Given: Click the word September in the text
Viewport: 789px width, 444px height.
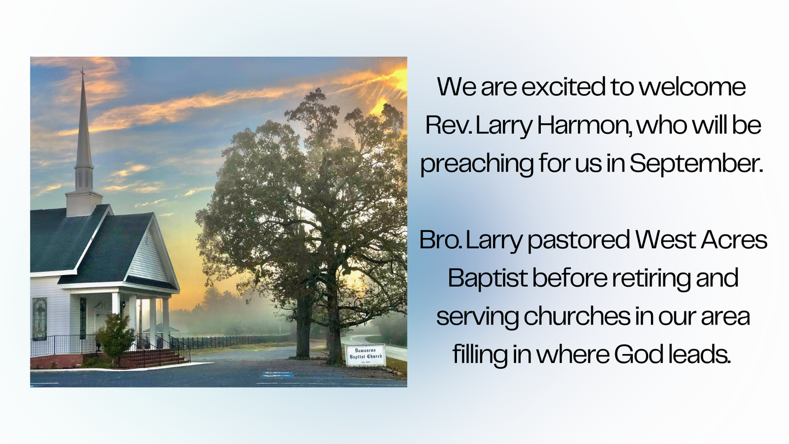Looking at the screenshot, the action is tap(696, 164).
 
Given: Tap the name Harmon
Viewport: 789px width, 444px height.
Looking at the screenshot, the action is tap(584, 125).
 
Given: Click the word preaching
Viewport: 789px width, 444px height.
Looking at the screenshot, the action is tap(477, 164).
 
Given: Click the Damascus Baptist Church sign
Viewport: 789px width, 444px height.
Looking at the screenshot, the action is tap(365, 355).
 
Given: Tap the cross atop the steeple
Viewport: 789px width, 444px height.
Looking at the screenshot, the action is tap(82, 72).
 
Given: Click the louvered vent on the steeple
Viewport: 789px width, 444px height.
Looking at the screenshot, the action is tap(84, 180).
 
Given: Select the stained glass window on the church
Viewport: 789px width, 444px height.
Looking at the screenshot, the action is tap(39, 318).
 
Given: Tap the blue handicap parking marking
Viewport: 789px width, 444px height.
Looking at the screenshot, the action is tap(277, 374).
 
